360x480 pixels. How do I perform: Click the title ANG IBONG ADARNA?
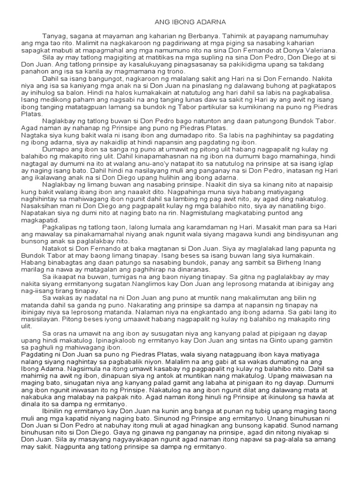coord(184,22)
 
